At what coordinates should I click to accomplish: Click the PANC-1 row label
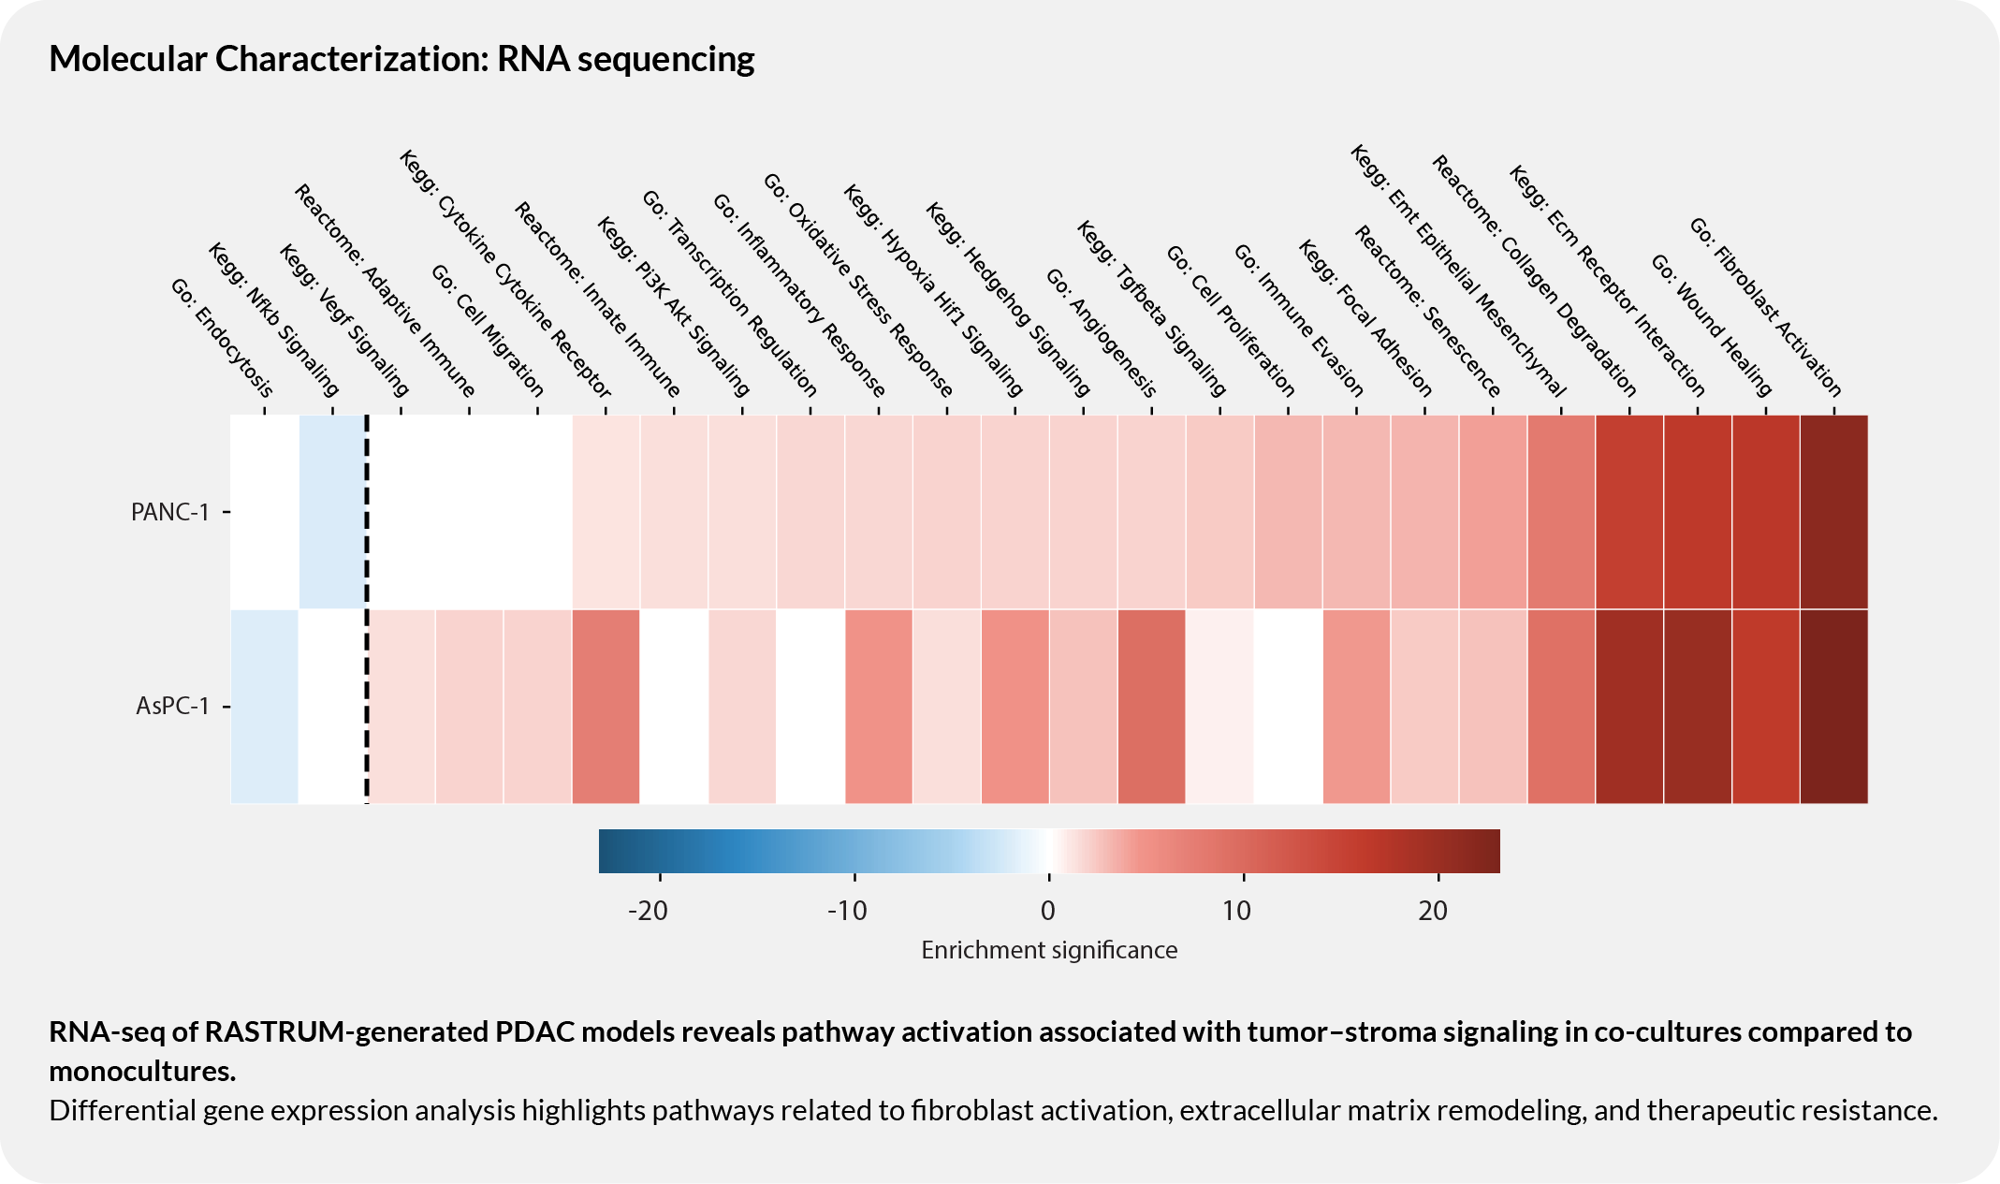tap(169, 512)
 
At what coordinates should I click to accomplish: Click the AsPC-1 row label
tap(172, 706)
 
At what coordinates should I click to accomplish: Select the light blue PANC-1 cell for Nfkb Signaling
tap(332, 512)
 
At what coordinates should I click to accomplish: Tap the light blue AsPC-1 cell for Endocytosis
tap(264, 706)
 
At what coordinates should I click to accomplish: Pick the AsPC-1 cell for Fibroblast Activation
tap(1833, 706)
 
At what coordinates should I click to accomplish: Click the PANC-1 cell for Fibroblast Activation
tap(1833, 512)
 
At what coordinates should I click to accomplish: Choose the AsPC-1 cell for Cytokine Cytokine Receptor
tap(606, 706)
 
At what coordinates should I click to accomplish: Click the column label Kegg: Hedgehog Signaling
tap(1008, 300)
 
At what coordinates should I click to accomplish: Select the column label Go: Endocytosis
tap(223, 338)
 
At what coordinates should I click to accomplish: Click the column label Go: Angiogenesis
tap(1102, 333)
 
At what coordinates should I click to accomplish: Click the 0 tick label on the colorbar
tap(1048, 910)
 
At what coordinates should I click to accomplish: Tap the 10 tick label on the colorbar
tap(1237, 910)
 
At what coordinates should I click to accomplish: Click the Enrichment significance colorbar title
tap(1048, 950)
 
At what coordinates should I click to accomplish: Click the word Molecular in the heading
tap(127, 59)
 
